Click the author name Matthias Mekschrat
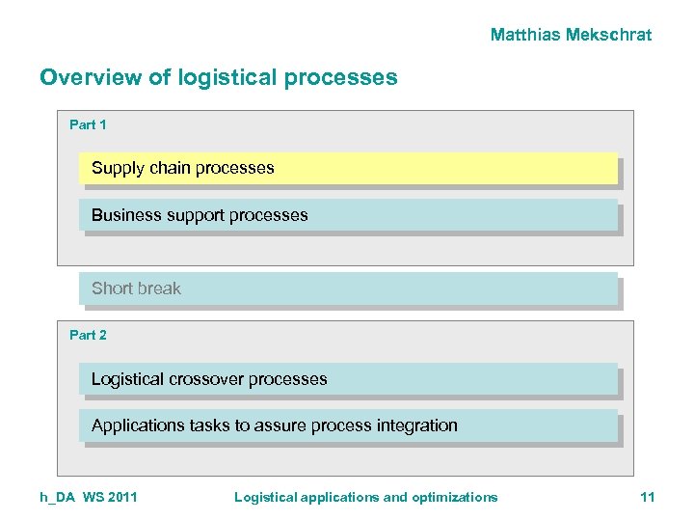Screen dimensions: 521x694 (571, 35)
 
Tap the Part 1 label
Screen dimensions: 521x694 (88, 124)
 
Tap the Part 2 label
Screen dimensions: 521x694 (88, 335)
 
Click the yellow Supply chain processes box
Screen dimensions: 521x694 (347, 168)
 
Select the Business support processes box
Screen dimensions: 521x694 (347, 215)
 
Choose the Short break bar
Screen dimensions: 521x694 (347, 288)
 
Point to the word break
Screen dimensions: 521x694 (159, 288)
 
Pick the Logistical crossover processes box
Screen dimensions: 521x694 (347, 379)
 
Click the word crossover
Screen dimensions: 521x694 (205, 379)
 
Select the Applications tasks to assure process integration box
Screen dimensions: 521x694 (347, 425)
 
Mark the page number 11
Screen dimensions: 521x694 (647, 497)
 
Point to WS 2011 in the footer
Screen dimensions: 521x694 (110, 497)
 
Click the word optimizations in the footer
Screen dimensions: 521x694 (455, 497)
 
